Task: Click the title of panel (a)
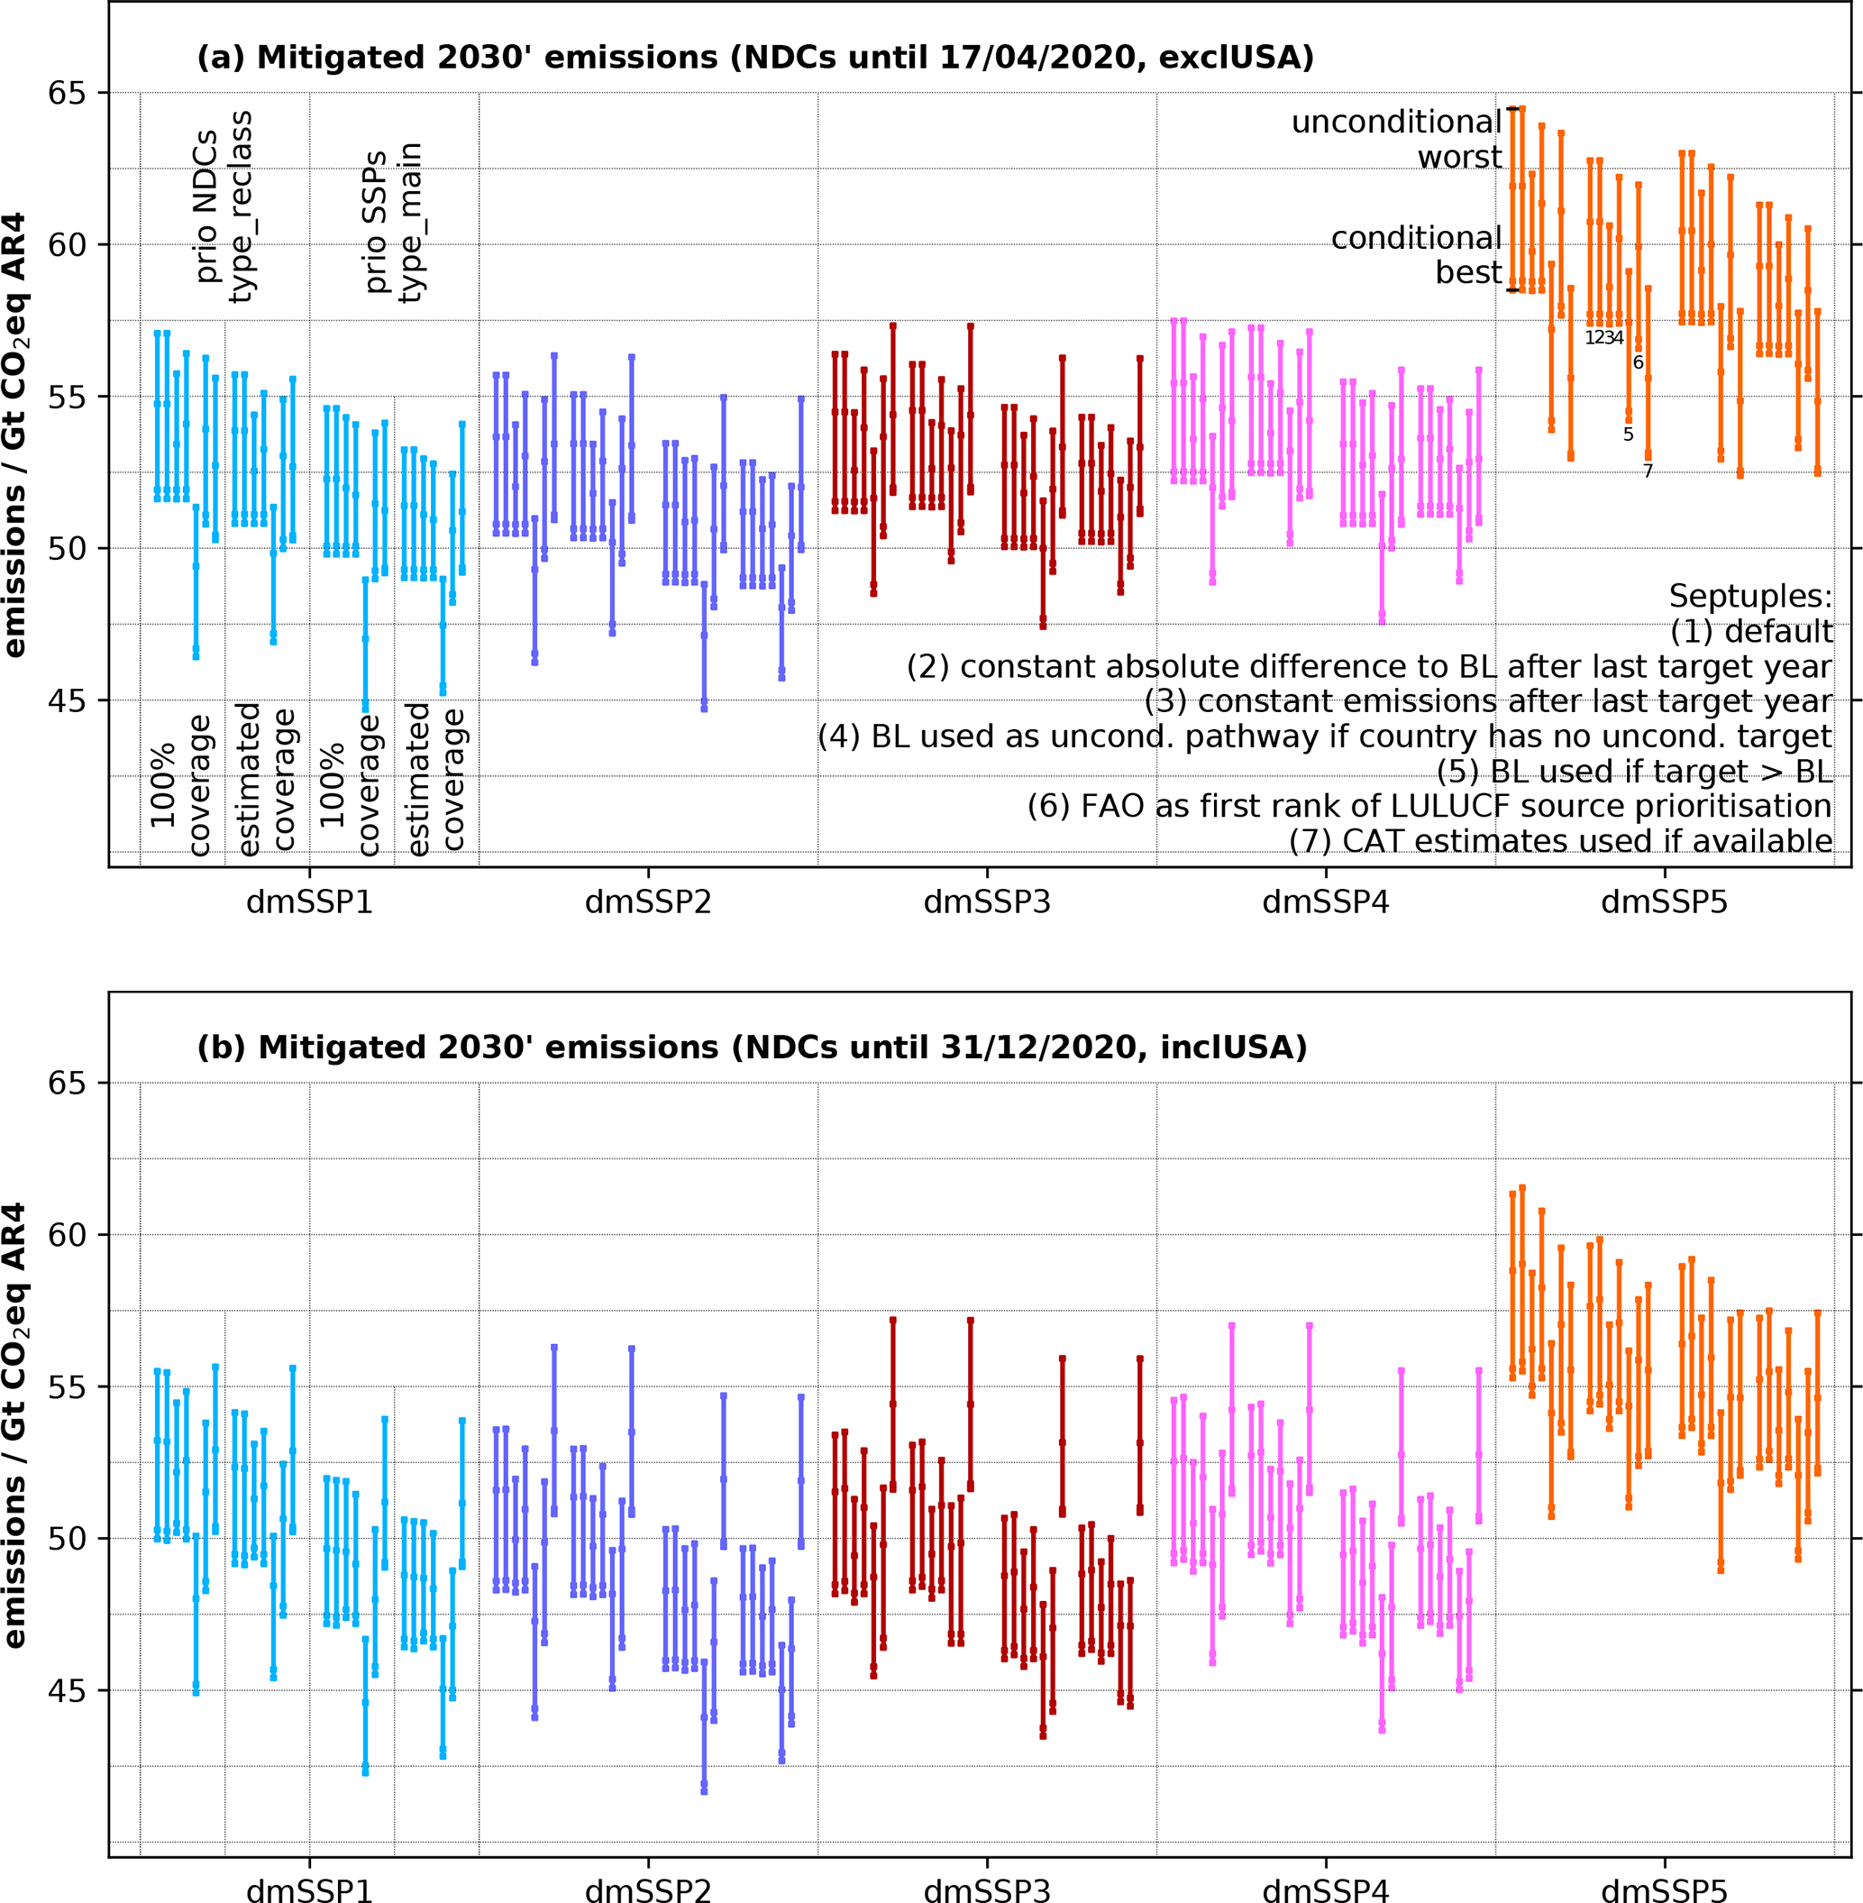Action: (x=754, y=58)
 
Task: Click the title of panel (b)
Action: (x=752, y=1048)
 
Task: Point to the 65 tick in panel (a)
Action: (x=68, y=94)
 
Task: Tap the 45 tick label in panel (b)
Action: (x=68, y=1690)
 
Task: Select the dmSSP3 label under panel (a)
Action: (x=986, y=902)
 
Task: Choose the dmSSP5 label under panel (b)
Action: (x=1664, y=1890)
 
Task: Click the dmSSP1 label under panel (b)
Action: (x=309, y=1890)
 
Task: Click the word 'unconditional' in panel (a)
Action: (x=1395, y=123)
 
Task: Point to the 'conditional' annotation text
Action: (x=1415, y=238)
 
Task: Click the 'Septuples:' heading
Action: (x=1749, y=596)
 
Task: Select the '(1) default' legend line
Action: (x=1750, y=631)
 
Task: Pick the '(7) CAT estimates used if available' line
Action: (x=1559, y=840)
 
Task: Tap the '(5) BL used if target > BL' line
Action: (x=1634, y=771)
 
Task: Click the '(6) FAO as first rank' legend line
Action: (x=1429, y=805)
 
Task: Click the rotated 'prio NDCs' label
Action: (x=206, y=206)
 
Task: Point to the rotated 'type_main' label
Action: (x=411, y=222)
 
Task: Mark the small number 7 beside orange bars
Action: (x=1648, y=471)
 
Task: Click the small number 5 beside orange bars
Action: (x=1628, y=435)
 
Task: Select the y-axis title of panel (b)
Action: (x=15, y=1424)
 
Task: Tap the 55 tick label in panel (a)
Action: (x=68, y=398)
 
